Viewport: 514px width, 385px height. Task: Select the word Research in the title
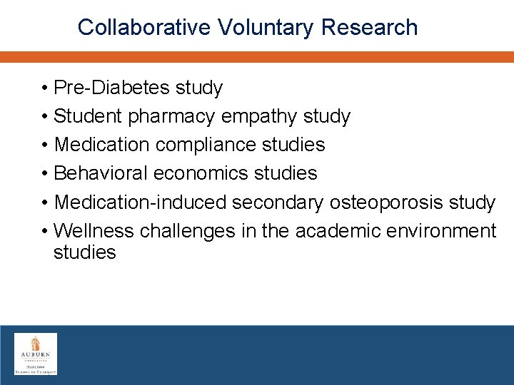[x=369, y=27]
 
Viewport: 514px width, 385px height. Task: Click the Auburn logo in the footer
[x=36, y=354]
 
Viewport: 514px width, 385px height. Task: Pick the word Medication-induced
[x=141, y=202]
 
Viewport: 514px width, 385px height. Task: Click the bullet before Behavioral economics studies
[x=44, y=173]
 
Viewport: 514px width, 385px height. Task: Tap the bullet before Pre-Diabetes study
[x=44, y=88]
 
